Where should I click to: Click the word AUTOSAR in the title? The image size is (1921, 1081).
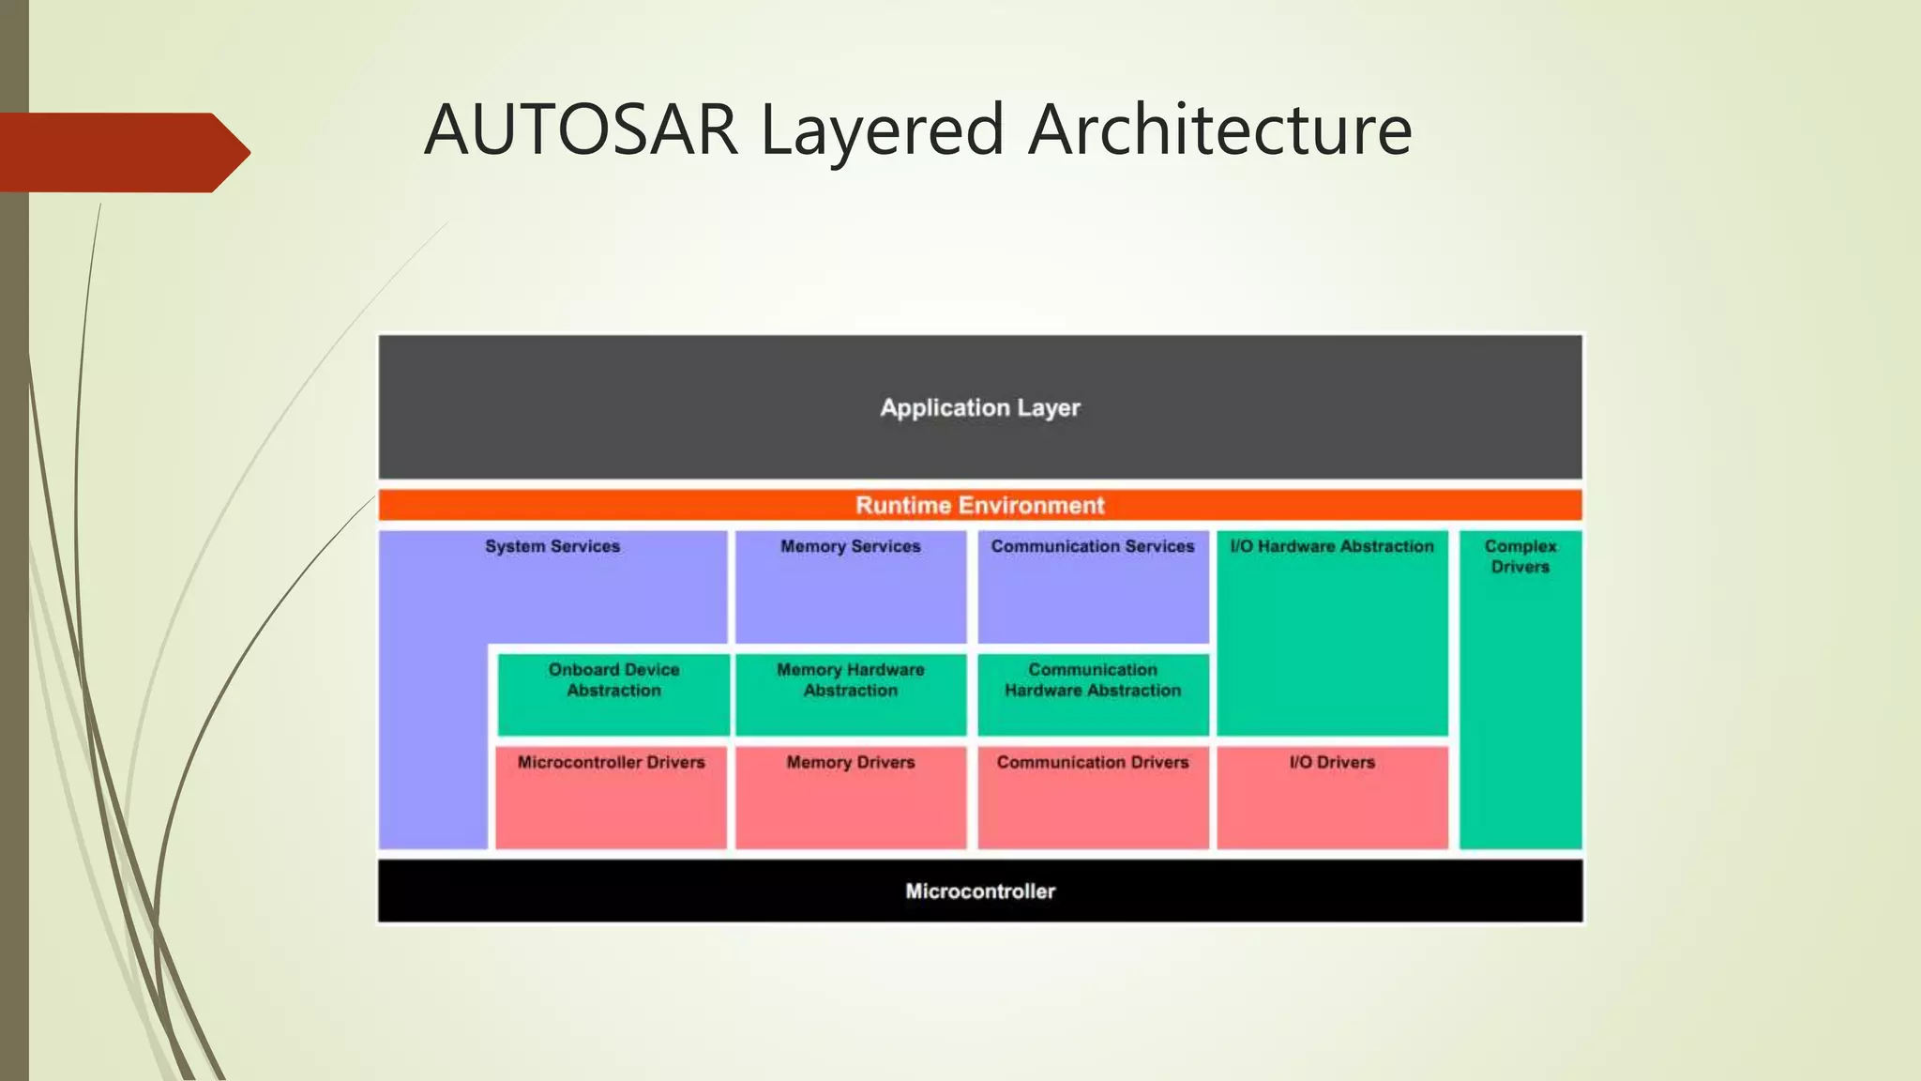(x=582, y=129)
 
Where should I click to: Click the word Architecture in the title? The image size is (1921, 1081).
(x=1219, y=129)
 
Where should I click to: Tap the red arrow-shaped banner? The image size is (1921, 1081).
(x=122, y=152)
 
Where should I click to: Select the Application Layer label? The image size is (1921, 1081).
(x=980, y=408)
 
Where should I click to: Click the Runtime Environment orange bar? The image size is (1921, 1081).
(x=980, y=505)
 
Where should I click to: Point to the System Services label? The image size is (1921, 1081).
(x=552, y=546)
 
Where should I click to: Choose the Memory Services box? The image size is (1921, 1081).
(x=851, y=586)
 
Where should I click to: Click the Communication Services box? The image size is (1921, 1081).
(x=1093, y=586)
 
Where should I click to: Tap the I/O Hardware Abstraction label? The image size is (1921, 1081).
(x=1332, y=546)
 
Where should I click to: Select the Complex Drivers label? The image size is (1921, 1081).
(x=1520, y=556)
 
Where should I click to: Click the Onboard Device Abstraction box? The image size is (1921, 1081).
(x=613, y=693)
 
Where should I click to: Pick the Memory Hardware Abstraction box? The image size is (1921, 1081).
(x=851, y=693)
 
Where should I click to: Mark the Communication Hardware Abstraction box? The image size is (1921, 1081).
(x=1093, y=693)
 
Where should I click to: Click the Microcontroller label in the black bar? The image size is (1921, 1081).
(x=980, y=891)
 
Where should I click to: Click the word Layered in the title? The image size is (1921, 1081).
(x=882, y=129)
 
